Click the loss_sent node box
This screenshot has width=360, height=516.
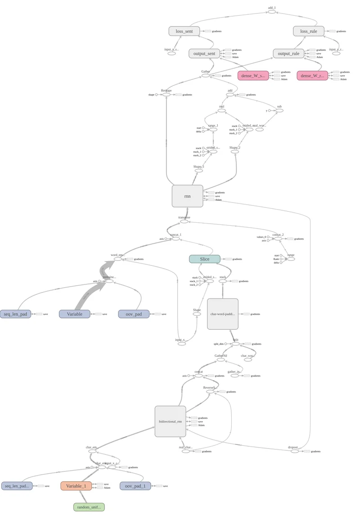click(184, 31)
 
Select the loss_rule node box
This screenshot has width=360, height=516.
click(308, 31)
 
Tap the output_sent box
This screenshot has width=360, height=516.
click(204, 54)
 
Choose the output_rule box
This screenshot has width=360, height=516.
click(288, 54)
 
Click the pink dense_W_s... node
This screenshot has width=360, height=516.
click(253, 76)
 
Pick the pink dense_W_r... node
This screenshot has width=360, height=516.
click(312, 76)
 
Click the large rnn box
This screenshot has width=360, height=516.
click(187, 196)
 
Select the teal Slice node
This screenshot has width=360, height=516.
click(204, 259)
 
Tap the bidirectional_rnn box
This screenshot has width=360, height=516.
click(170, 421)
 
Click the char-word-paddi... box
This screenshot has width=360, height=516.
click(222, 314)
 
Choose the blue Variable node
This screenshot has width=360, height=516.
click(74, 314)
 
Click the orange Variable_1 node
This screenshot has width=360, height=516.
click(76, 486)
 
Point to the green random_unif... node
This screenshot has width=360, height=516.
click(89, 507)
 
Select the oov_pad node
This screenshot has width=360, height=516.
click(133, 314)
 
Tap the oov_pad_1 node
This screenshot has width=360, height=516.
click(135, 486)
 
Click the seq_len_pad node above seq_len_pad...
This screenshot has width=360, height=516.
click(16, 314)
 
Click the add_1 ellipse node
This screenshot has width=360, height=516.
click(271, 12)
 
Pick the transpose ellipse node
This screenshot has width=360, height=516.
click(184, 222)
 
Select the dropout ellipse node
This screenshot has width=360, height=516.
click(294, 451)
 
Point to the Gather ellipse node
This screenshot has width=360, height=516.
click(206, 75)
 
